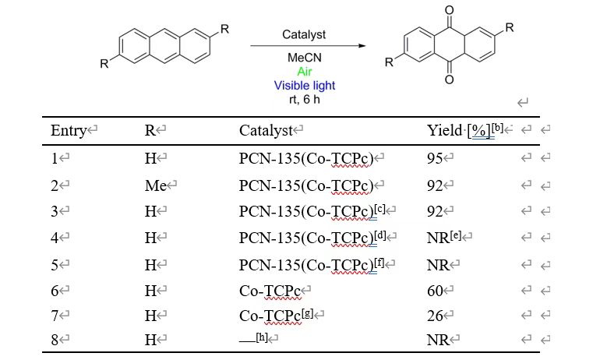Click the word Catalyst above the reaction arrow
tap(304, 34)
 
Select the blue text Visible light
tap(304, 85)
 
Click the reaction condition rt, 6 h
tap(304, 98)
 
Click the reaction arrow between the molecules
tap(307, 46)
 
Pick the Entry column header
tap(68, 131)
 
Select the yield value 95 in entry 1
tap(435, 159)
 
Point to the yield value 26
tap(435, 316)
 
